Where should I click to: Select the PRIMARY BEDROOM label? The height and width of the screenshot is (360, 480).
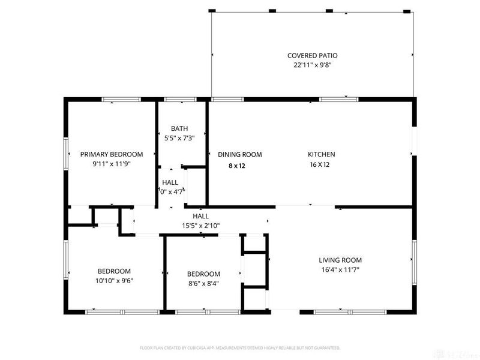click(x=112, y=154)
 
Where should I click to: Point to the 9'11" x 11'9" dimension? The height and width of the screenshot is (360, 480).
click(x=112, y=164)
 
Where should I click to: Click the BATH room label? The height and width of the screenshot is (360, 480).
click(x=179, y=128)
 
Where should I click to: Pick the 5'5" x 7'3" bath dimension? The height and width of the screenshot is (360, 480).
click(x=179, y=138)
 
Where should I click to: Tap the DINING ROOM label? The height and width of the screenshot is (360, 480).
click(x=239, y=154)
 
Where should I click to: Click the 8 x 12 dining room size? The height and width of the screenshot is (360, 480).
click(x=237, y=166)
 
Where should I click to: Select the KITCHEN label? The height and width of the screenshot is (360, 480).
click(x=322, y=154)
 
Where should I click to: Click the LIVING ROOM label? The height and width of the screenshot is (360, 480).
click(x=340, y=260)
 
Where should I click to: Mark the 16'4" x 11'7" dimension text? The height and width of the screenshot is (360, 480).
click(x=340, y=270)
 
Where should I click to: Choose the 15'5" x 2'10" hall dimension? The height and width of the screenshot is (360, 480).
click(x=200, y=226)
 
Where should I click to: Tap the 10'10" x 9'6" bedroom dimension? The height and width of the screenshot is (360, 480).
click(x=114, y=281)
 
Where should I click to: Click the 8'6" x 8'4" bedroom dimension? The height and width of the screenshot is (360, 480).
click(x=203, y=284)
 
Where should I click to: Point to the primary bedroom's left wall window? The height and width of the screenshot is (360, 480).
click(x=66, y=154)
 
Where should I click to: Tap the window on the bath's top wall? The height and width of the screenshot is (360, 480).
click(x=176, y=100)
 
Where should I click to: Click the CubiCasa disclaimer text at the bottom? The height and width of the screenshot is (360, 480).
click(x=240, y=347)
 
